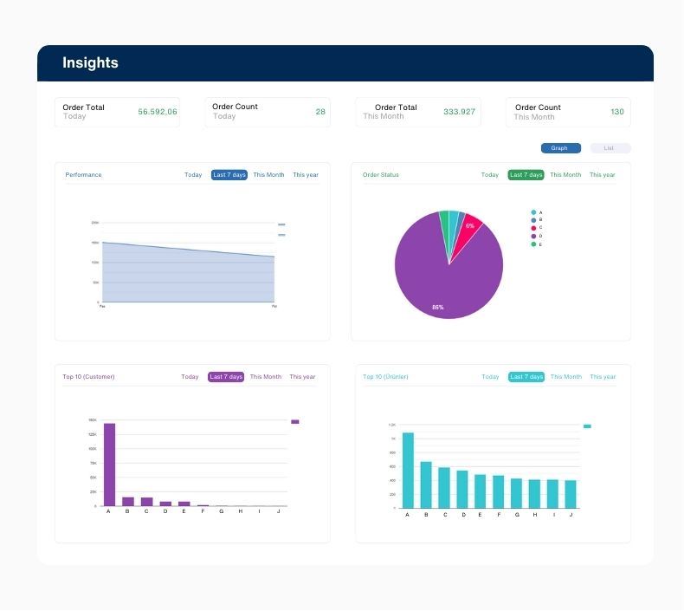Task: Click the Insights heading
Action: tap(90, 63)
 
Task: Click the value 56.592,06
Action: tap(158, 112)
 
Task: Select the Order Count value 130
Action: tap(617, 112)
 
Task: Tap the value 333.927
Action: tap(459, 112)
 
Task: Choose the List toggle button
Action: tap(610, 148)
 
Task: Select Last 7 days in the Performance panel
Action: tap(229, 175)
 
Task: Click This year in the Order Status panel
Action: tap(602, 175)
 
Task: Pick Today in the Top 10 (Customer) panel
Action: tap(190, 377)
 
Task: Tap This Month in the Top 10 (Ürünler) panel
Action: tap(566, 377)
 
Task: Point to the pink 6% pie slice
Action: tap(470, 227)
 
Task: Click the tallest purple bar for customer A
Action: tap(109, 465)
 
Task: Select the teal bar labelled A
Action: tap(408, 471)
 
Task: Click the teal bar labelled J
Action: tap(571, 494)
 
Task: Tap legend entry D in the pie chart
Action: tap(534, 236)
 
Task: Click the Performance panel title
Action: tap(83, 175)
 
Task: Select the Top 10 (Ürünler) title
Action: tap(385, 377)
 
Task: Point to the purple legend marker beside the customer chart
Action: tap(295, 422)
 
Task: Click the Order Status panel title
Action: tap(381, 175)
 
